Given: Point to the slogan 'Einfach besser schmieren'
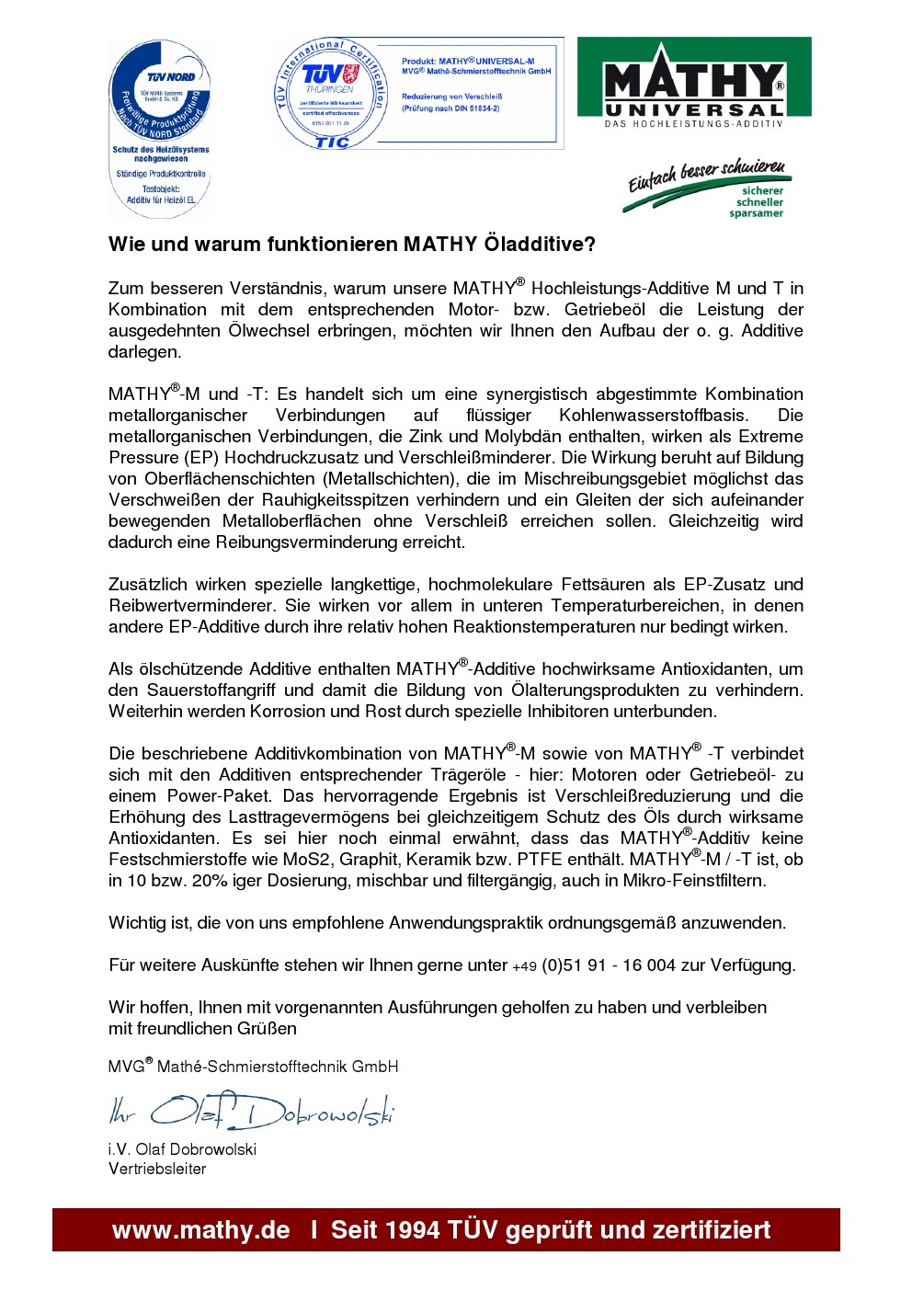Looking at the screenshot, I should [706, 174].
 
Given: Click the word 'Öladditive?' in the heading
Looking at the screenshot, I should [540, 245].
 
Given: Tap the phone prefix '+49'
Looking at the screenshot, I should [524, 966].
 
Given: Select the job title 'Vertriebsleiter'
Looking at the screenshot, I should [157, 1170].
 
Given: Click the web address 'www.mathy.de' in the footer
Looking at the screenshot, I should [200, 1230].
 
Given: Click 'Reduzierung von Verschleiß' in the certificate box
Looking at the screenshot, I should [452, 97].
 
